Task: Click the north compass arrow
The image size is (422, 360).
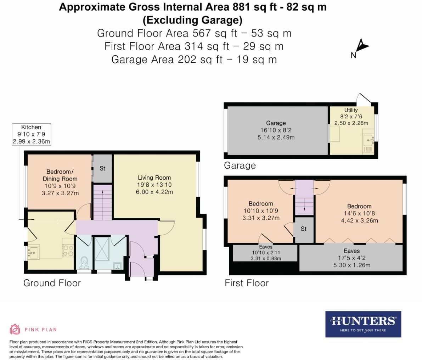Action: (x=362, y=46)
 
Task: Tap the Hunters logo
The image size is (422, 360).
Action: (x=363, y=324)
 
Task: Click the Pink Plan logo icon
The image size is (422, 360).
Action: (x=15, y=329)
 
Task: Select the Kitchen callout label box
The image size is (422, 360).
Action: (x=31, y=134)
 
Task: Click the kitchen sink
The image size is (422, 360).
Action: (x=34, y=252)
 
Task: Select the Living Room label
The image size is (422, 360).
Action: (x=154, y=178)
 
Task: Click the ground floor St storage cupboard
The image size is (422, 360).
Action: (x=102, y=168)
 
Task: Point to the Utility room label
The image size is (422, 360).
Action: (x=351, y=110)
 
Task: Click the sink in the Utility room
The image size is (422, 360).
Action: (x=369, y=140)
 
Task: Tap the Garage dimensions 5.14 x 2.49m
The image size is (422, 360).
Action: (x=276, y=137)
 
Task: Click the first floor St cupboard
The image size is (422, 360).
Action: (x=304, y=229)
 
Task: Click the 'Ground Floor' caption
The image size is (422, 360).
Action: (x=52, y=283)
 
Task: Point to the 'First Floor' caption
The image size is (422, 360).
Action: (x=247, y=283)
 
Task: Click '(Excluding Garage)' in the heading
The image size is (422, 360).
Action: (x=193, y=20)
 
